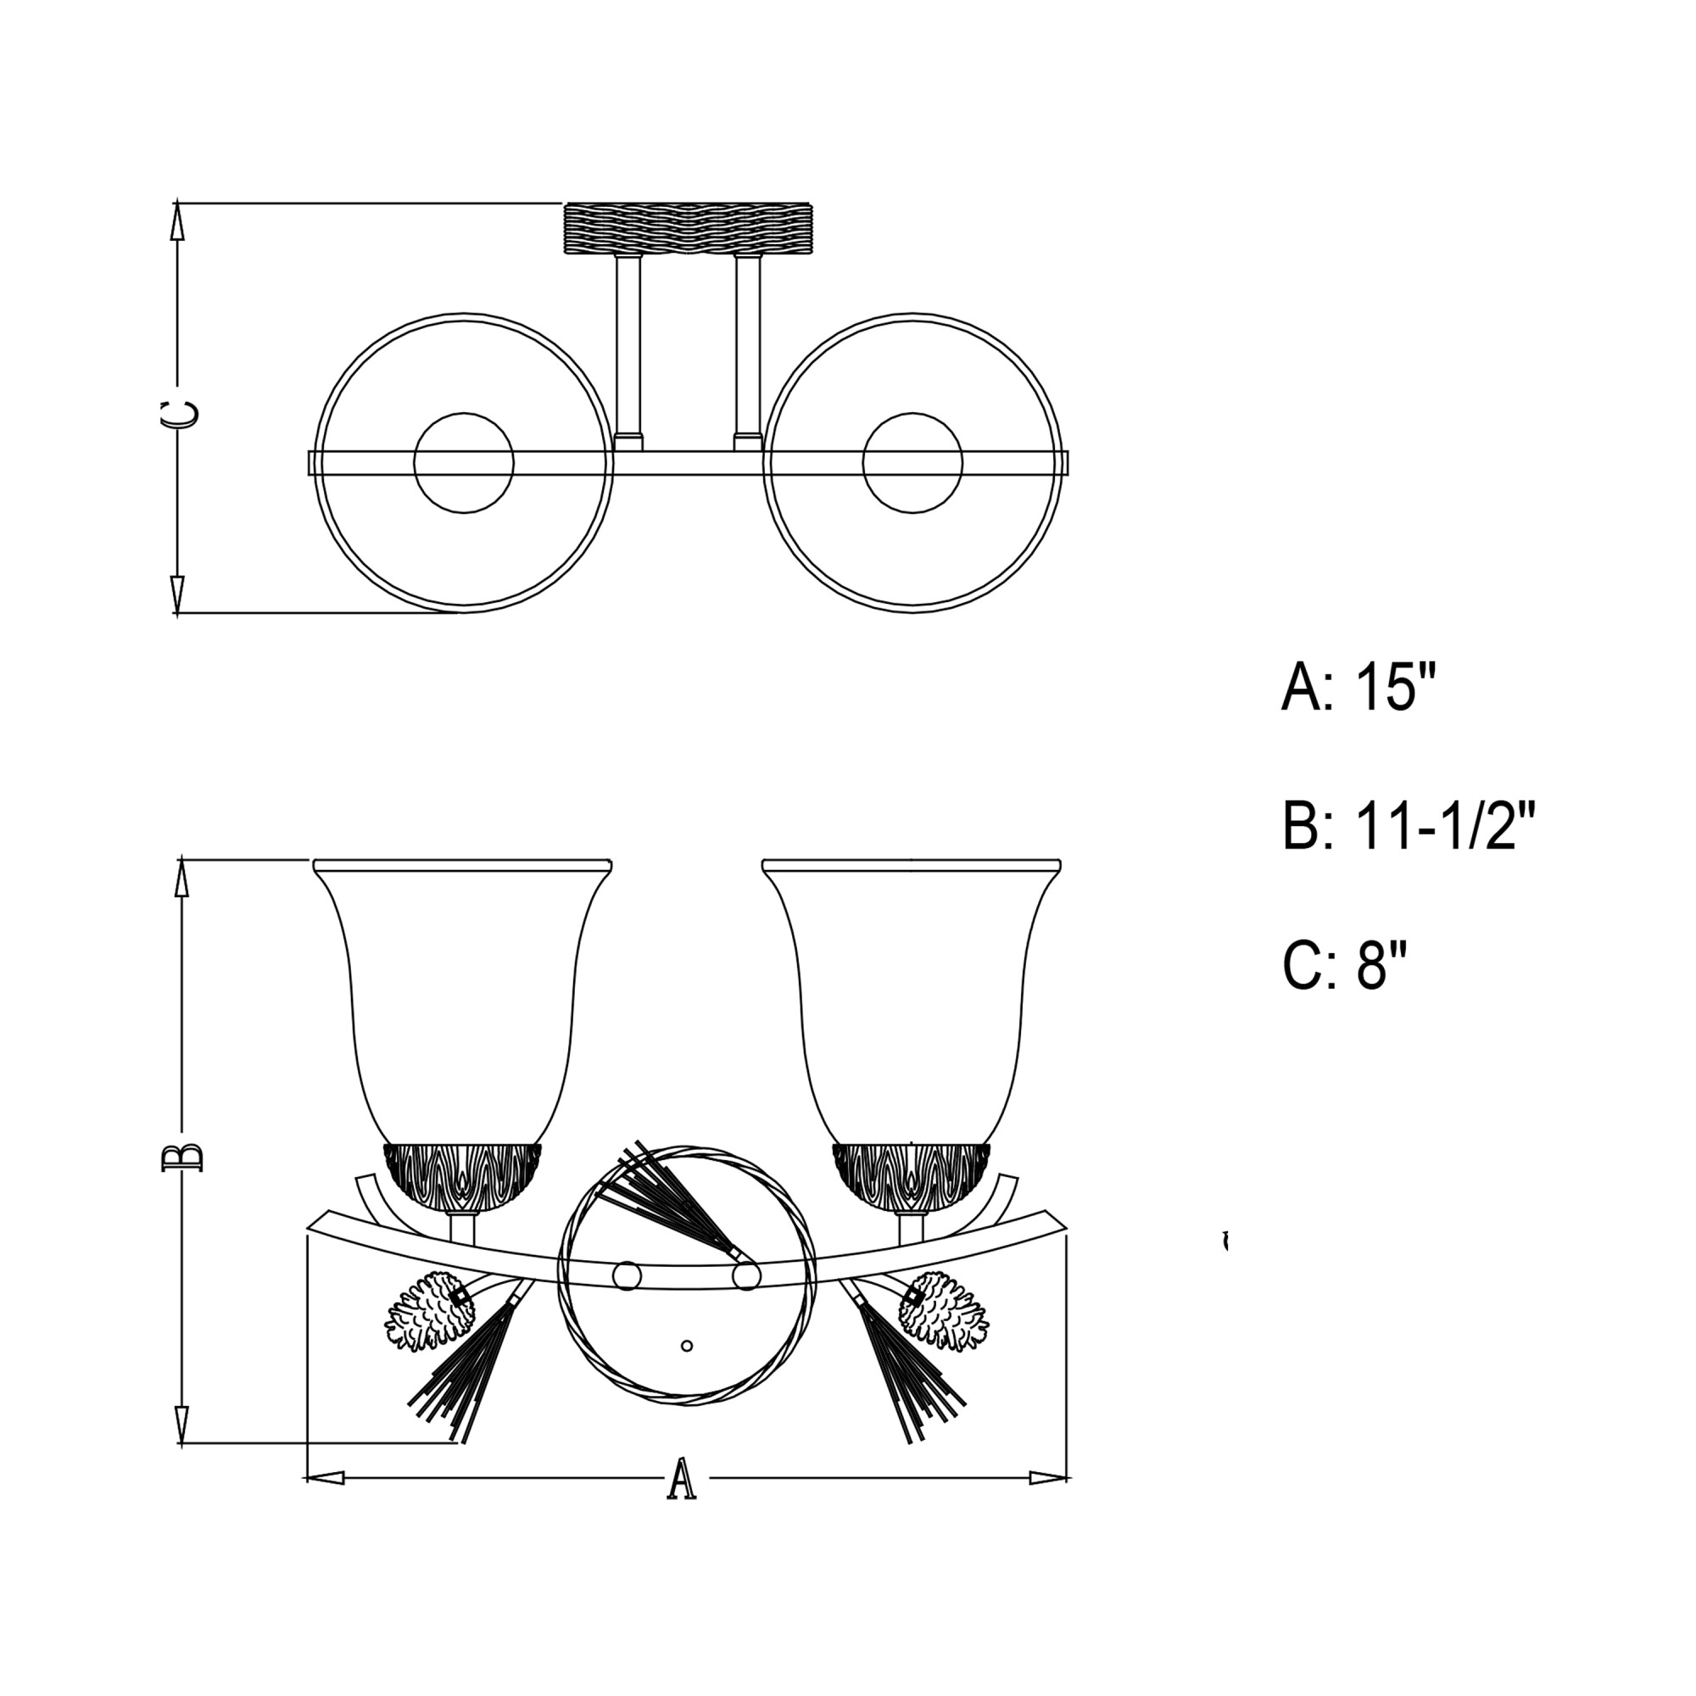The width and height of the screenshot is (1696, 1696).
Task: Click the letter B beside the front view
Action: pos(182,1157)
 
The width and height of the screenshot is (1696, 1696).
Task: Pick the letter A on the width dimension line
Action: pos(682,1479)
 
